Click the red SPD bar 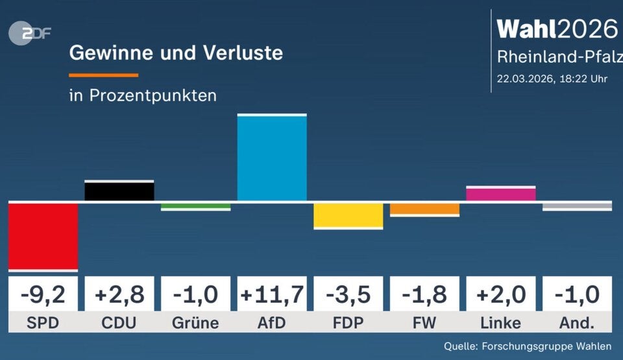(x=43, y=235)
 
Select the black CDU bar (x=119, y=191)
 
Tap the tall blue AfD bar (x=272, y=158)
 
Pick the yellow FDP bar (x=348, y=215)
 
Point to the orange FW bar (x=424, y=209)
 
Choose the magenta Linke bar (x=500, y=194)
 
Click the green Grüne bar (x=195, y=206)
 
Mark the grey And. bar (x=577, y=206)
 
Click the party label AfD (x=272, y=323)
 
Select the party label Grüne (x=195, y=323)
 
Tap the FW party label (x=424, y=323)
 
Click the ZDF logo (x=29, y=33)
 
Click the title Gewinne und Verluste (x=176, y=53)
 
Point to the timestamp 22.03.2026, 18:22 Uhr (x=552, y=79)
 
